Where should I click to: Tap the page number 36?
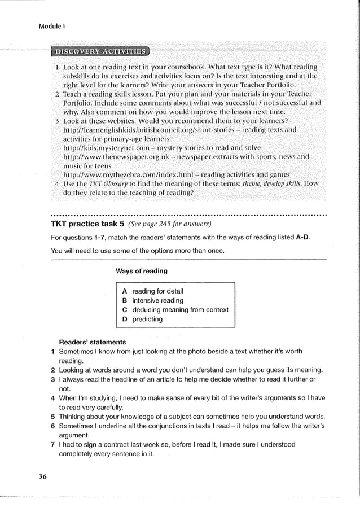(42, 476)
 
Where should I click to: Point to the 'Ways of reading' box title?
(142, 271)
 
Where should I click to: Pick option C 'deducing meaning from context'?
(180, 309)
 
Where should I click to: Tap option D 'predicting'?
(147, 319)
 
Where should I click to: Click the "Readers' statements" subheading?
(93, 342)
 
